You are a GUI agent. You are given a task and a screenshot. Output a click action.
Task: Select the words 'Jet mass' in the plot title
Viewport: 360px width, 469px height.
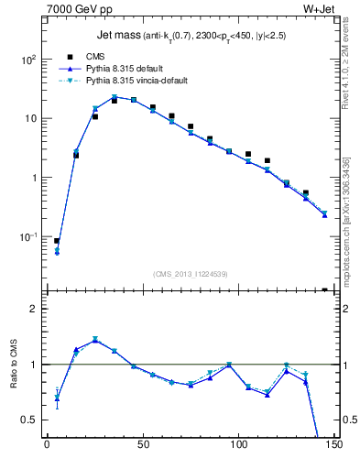[116, 36]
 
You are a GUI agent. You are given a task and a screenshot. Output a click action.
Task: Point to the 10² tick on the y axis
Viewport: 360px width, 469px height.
[29, 60]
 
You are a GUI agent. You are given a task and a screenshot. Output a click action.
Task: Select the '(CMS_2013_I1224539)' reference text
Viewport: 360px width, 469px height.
[190, 273]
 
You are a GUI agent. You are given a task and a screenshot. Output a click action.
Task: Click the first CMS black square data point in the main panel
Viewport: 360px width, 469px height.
[57, 241]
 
